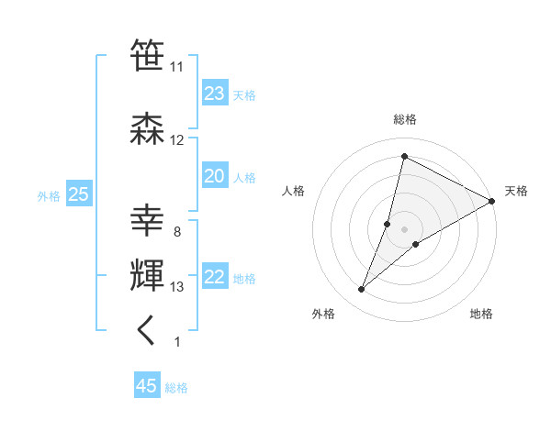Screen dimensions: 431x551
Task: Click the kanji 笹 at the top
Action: click(148, 55)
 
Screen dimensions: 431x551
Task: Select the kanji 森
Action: click(148, 128)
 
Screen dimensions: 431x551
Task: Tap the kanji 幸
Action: click(148, 221)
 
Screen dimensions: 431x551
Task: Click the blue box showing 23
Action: click(215, 94)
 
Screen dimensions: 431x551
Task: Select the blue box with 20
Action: click(215, 176)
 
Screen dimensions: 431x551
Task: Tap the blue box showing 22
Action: click(215, 278)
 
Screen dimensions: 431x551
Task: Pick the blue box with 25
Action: click(78, 194)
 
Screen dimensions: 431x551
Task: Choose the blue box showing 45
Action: click(147, 386)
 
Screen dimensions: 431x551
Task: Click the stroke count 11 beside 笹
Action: click(176, 67)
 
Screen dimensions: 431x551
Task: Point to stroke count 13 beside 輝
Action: click(176, 287)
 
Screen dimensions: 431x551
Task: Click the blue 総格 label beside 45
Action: click(176, 388)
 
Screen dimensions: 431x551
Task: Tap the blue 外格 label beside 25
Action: click(49, 195)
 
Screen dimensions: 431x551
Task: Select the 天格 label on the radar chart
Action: click(516, 191)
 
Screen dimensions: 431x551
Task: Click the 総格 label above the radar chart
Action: click(404, 119)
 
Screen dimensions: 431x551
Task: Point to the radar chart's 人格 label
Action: click(293, 191)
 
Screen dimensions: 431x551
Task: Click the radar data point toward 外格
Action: click(362, 290)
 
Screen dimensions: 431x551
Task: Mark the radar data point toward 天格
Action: click(492, 201)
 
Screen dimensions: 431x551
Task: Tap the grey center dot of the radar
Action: click(404, 228)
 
